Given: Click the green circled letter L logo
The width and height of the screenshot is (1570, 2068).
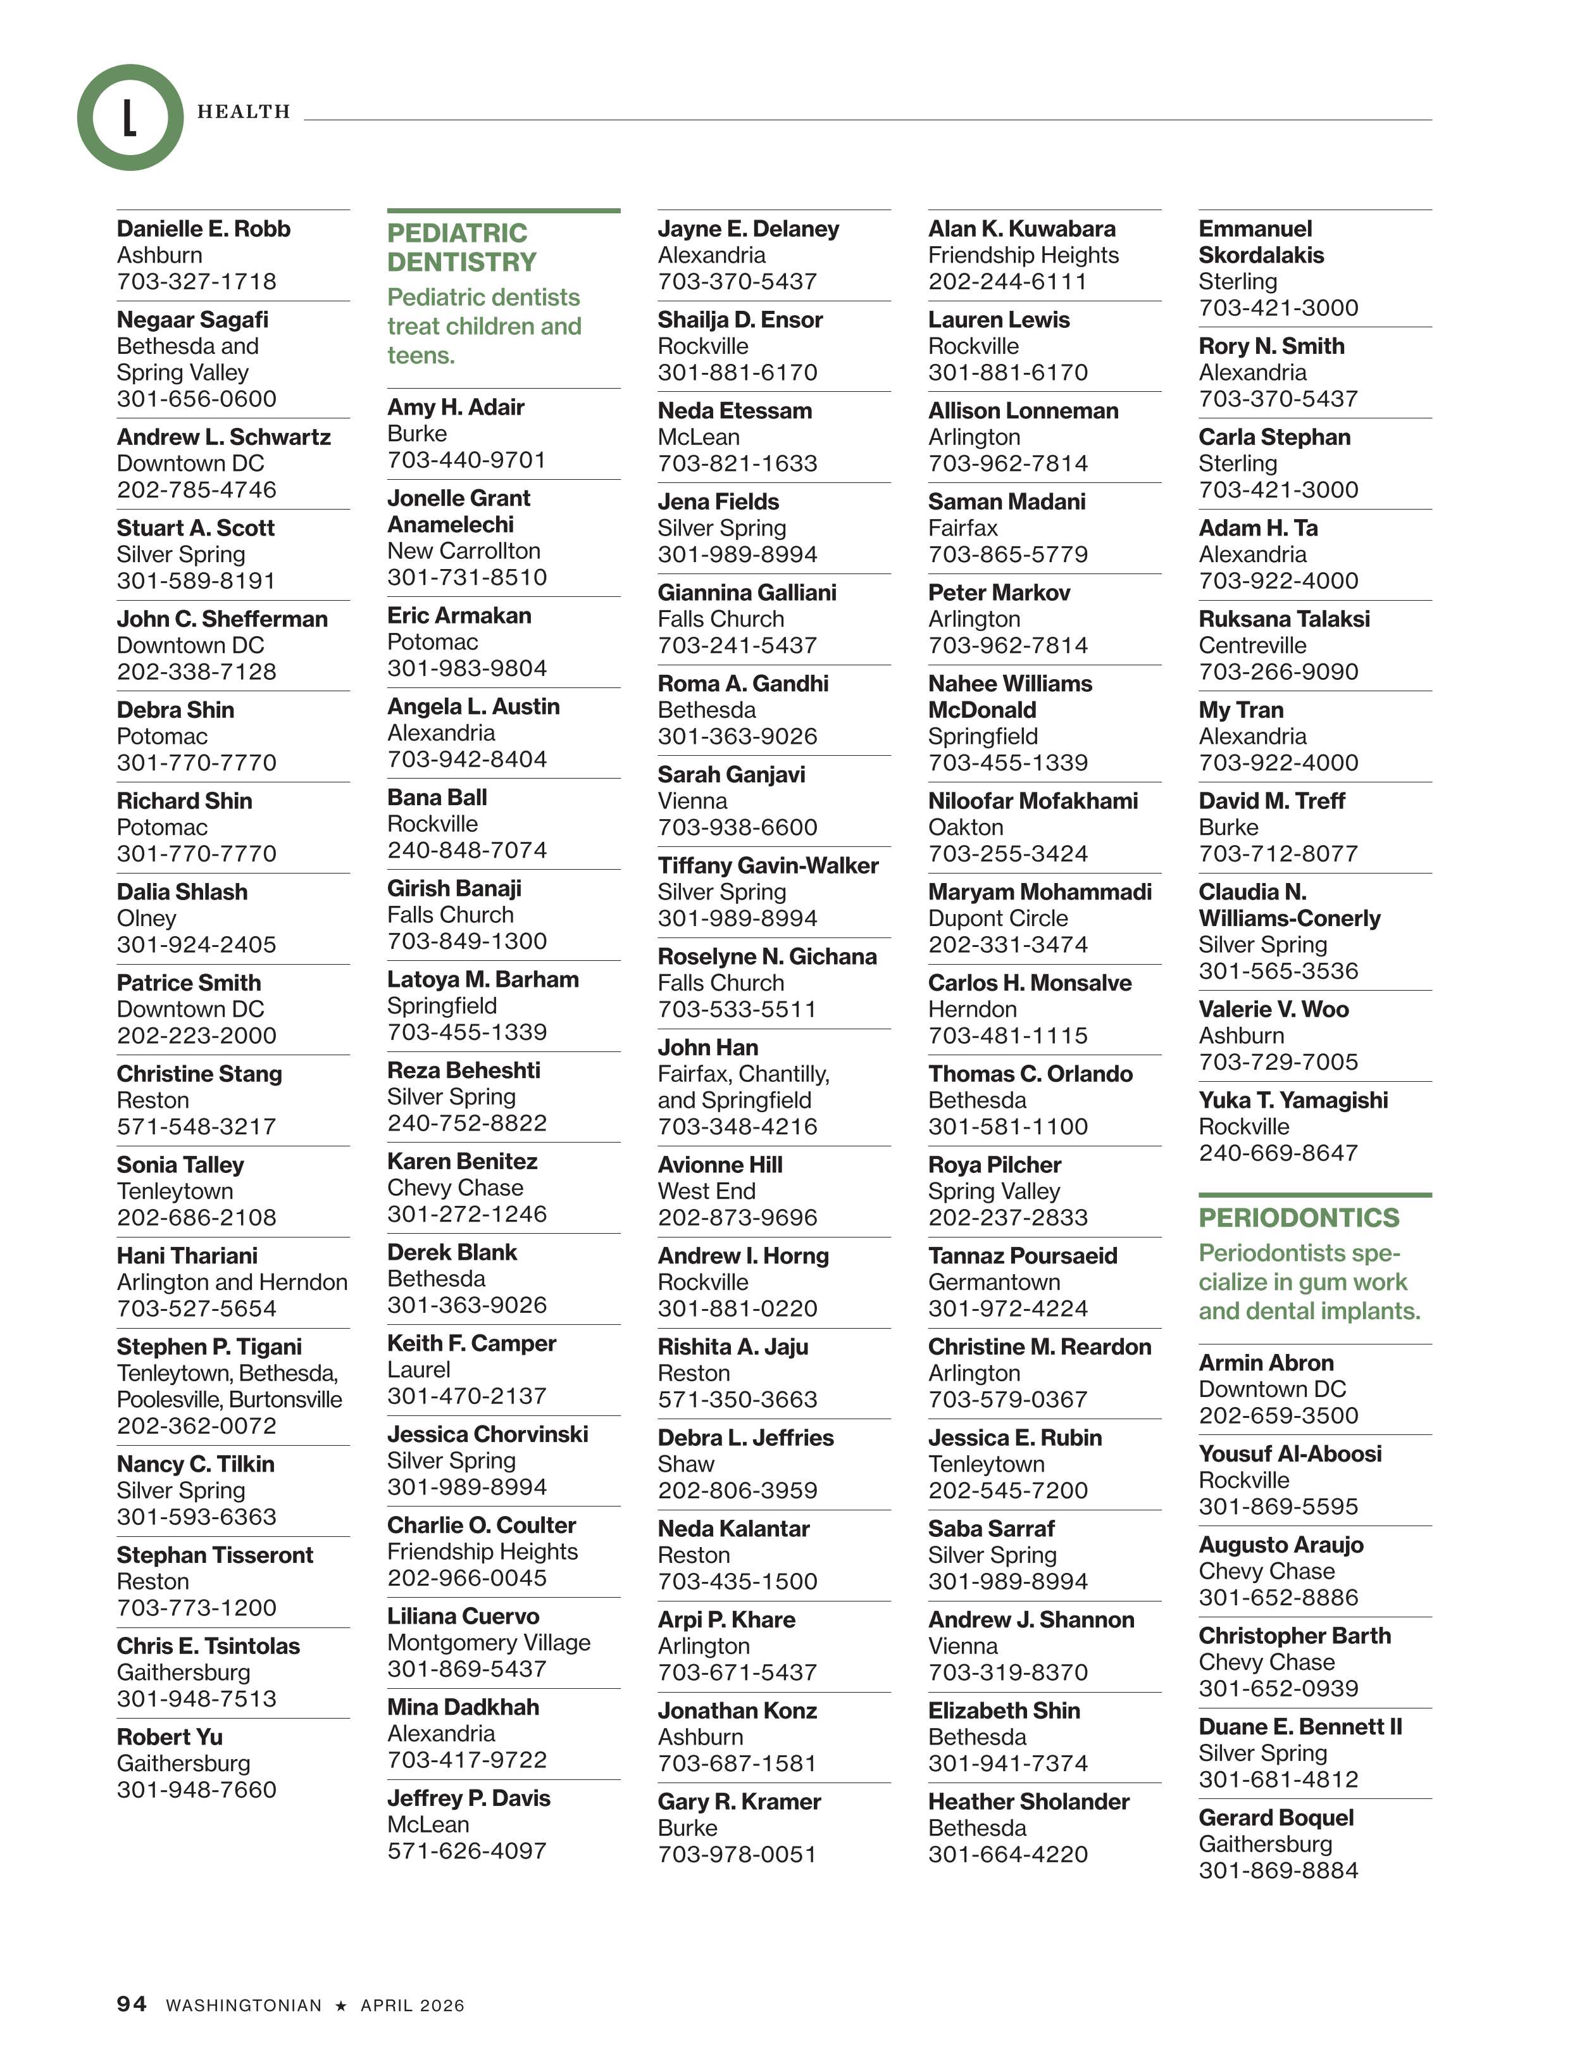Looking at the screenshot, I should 130,118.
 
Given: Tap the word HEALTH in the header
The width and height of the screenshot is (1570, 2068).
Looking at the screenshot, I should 243,112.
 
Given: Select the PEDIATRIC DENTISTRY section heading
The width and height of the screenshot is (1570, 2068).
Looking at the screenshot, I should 462,247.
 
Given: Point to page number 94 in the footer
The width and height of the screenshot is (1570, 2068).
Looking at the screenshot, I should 132,2003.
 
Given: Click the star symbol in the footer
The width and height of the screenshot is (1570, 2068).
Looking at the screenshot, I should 341,2005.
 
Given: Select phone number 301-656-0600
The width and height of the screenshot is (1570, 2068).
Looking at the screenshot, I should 196,399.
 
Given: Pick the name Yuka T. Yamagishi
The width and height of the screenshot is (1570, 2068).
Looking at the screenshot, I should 1292,1100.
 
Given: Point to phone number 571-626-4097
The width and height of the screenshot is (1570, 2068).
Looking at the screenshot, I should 466,1851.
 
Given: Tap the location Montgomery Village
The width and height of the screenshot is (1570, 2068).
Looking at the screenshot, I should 489,1643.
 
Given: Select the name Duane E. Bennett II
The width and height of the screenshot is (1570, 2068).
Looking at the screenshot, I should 1300,1727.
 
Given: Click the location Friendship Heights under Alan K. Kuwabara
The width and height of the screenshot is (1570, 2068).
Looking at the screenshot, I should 1023,255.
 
